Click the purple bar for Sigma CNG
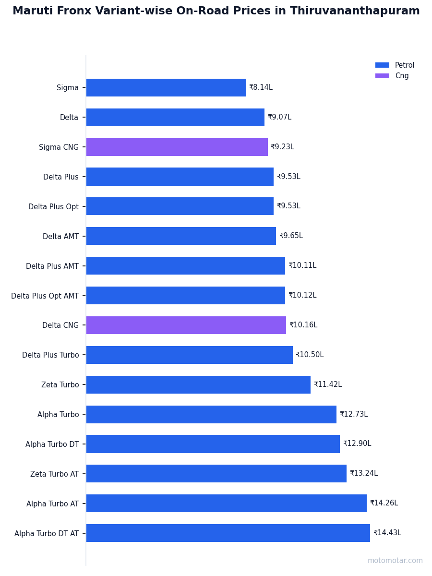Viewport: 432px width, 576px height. (x=177, y=147)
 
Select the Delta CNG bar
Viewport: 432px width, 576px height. (x=186, y=325)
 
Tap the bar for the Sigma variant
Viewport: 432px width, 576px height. (x=166, y=87)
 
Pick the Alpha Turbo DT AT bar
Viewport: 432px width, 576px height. (x=228, y=533)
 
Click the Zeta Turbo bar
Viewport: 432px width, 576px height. (x=198, y=384)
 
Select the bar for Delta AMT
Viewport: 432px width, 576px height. (x=181, y=236)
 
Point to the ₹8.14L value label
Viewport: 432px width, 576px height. (x=261, y=87)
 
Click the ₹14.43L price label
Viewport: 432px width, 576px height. (x=387, y=532)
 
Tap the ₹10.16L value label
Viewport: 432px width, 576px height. (x=303, y=324)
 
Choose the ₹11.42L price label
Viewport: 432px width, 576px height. (x=328, y=384)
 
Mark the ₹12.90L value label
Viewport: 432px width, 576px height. (x=357, y=443)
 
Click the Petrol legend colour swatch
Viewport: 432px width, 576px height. (x=382, y=65)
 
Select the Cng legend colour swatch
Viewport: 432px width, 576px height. (x=382, y=76)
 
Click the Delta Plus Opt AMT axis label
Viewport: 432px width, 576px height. (x=45, y=296)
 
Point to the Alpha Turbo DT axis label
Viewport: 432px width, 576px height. (x=52, y=444)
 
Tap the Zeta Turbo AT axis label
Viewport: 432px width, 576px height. (x=54, y=474)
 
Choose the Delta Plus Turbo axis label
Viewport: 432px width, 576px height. (x=50, y=355)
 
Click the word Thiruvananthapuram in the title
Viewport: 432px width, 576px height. (x=355, y=11)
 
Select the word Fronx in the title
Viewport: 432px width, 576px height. (x=74, y=11)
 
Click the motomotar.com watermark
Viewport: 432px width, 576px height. (x=395, y=561)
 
